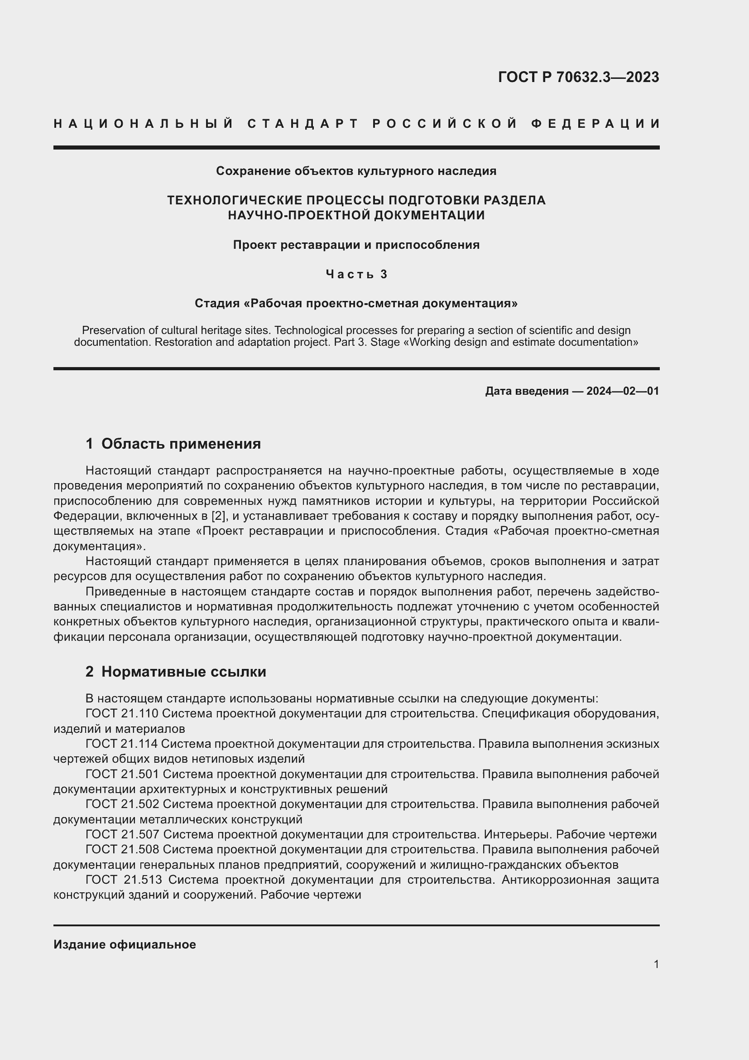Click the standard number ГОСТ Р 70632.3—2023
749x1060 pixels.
pos(578,77)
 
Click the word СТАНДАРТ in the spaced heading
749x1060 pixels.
pos(303,124)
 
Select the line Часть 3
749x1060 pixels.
pos(356,274)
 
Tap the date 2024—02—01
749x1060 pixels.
pos(622,391)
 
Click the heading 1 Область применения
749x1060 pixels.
pos(173,444)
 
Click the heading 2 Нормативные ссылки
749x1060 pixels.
pos(176,672)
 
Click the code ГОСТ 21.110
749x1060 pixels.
pos(122,714)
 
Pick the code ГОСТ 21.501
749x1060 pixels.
pos(122,774)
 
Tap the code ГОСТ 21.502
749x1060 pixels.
pos(122,804)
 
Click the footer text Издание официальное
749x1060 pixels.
pos(125,944)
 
